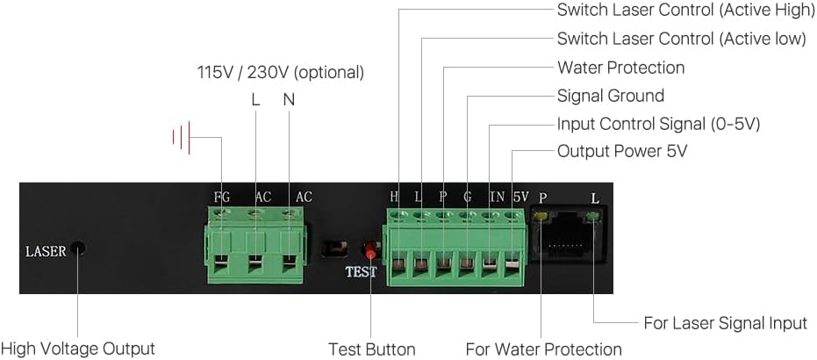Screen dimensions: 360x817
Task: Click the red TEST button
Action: click(x=370, y=252)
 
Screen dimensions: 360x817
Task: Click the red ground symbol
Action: click(x=183, y=137)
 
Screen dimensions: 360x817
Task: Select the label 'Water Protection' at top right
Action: click(x=620, y=68)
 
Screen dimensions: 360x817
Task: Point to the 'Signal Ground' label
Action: click(x=610, y=96)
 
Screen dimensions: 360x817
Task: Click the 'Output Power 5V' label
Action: click(x=621, y=151)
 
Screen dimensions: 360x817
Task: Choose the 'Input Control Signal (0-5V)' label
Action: click(x=658, y=124)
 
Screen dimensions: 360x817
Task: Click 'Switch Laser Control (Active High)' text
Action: click(x=684, y=11)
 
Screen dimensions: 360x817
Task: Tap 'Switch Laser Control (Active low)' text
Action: click(x=681, y=40)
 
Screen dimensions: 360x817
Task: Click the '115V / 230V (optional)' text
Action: click(x=280, y=72)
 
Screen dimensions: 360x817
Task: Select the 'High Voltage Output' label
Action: click(x=77, y=349)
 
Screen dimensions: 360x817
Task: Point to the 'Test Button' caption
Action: click(x=371, y=349)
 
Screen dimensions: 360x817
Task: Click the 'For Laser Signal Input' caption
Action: click(x=725, y=323)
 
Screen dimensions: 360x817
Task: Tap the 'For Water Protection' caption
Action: click(x=543, y=349)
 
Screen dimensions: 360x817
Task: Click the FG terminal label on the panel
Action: click(x=222, y=198)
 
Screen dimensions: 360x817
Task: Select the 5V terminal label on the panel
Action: click(x=520, y=198)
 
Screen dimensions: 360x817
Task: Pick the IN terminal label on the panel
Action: click(x=497, y=198)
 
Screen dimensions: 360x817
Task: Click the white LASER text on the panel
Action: click(x=46, y=252)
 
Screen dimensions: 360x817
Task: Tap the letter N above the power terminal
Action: click(x=289, y=99)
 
